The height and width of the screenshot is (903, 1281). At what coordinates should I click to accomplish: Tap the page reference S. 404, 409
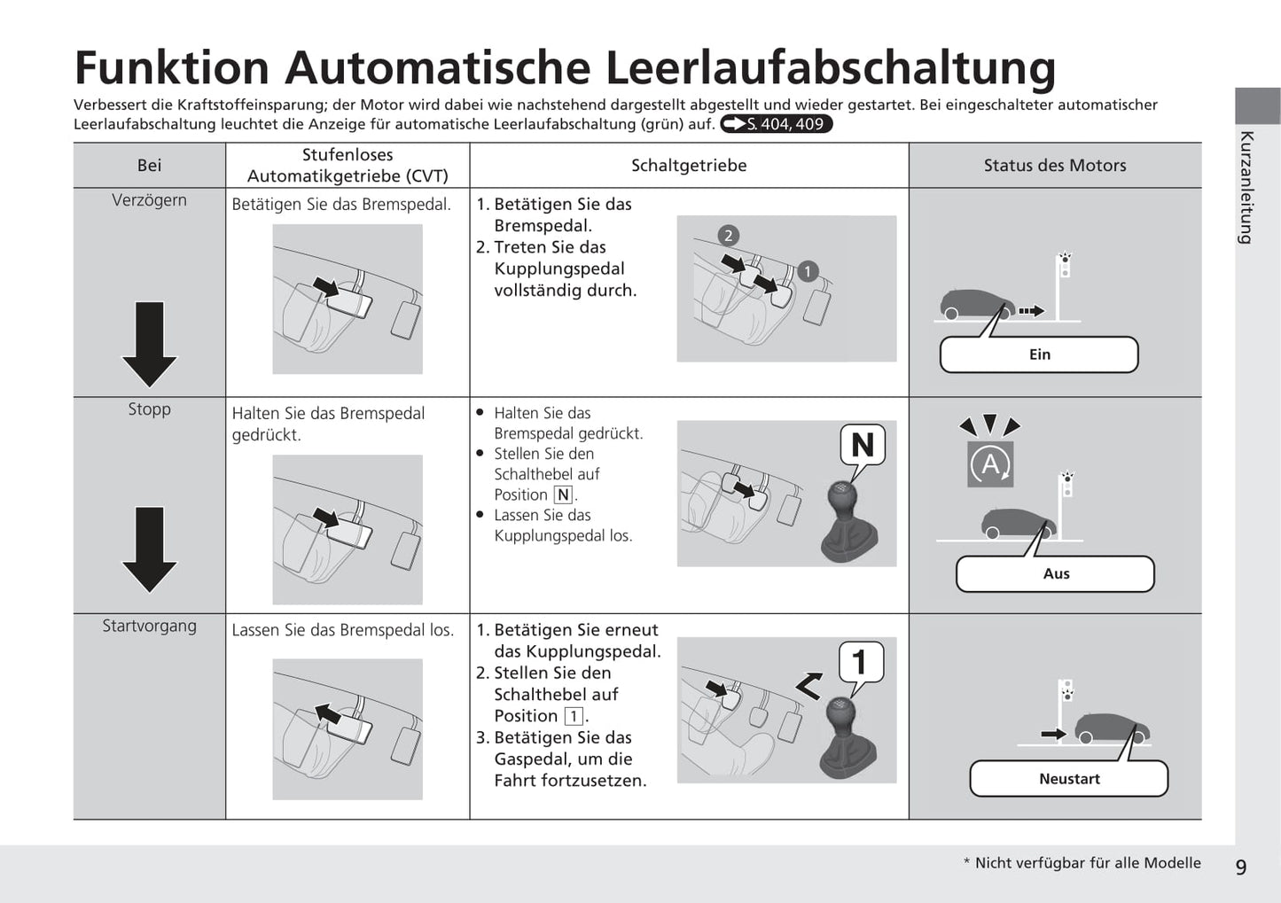tap(777, 124)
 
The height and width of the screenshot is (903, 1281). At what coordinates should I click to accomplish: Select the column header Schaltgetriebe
tap(689, 166)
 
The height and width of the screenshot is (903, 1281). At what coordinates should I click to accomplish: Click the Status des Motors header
tap(1054, 166)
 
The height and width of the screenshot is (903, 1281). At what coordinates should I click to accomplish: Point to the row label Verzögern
tap(149, 200)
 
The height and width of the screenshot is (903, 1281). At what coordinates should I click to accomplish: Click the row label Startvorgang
tap(149, 626)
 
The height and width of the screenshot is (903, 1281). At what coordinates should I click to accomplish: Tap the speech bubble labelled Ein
tap(1039, 354)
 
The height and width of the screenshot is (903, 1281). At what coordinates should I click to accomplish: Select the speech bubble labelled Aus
tap(1055, 573)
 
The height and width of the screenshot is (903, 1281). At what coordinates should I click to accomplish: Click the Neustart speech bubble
tap(1068, 779)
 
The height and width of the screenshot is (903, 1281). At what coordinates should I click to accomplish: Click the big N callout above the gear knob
tap(862, 445)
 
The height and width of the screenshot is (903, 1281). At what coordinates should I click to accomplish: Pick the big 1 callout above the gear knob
tap(859, 662)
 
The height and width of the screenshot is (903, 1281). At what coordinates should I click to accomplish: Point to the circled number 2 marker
tap(728, 236)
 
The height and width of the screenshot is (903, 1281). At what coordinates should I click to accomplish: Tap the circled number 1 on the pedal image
tap(807, 271)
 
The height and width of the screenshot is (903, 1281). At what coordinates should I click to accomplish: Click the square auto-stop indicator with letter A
tap(990, 463)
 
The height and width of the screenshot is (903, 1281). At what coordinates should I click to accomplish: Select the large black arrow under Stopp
tap(149, 549)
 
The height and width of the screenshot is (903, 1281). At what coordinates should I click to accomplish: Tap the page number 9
tap(1240, 867)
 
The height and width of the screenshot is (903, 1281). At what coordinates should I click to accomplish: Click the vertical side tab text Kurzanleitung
tap(1247, 187)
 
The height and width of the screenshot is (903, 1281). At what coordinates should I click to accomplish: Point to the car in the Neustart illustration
tap(1112, 728)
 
